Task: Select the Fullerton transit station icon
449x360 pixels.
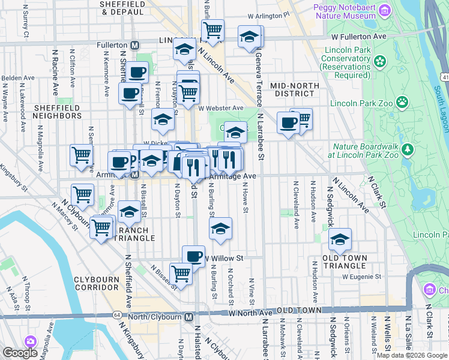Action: pos(136,45)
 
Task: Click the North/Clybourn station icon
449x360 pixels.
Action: pos(188,317)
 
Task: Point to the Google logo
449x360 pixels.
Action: pos(20,353)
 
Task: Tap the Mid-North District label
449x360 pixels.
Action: pos(295,89)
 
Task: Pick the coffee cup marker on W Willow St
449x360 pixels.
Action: pos(193,256)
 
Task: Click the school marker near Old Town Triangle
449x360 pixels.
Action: pos(340,239)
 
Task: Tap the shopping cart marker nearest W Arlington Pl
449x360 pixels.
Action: pos(212,29)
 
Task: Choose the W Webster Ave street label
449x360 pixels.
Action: pos(221,108)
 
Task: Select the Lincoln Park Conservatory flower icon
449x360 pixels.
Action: pos(379,61)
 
